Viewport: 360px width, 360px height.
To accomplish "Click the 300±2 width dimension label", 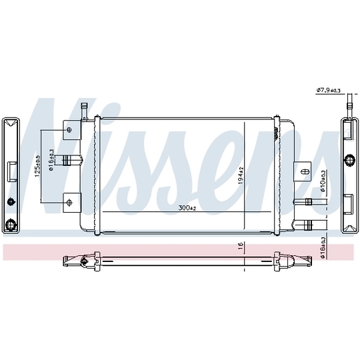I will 187,209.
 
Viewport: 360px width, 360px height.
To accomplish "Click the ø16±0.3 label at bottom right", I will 323,245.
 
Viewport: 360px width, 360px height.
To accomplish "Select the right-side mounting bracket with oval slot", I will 304,171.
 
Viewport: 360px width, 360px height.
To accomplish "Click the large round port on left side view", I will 11,224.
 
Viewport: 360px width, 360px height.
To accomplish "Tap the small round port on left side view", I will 11,202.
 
